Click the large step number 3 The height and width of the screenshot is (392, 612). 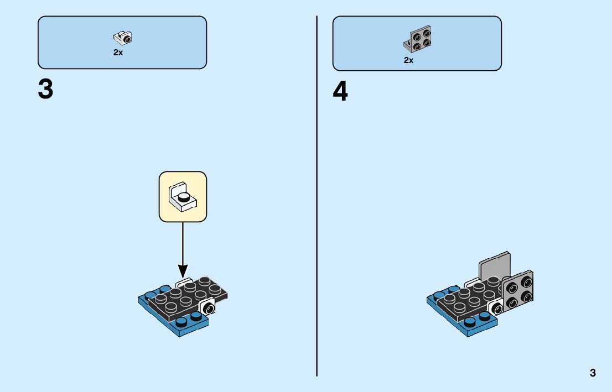(45, 90)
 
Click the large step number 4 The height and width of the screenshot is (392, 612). (340, 92)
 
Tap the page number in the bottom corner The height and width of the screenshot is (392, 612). (593, 373)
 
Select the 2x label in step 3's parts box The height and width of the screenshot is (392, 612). (118, 53)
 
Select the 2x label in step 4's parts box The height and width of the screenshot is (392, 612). (408, 60)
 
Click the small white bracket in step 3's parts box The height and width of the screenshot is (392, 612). (123, 38)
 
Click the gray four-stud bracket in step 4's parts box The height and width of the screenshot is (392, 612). (418, 38)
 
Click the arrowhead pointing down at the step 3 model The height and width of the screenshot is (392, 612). (183, 270)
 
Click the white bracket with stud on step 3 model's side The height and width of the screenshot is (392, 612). (208, 307)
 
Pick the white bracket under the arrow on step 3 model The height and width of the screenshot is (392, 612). (184, 281)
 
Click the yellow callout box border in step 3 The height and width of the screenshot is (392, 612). (160, 197)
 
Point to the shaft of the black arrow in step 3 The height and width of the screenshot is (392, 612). (183, 243)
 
